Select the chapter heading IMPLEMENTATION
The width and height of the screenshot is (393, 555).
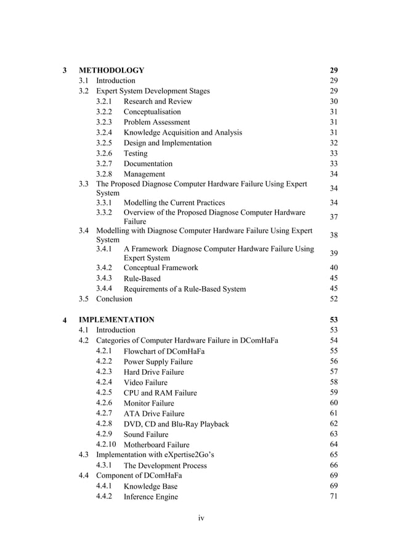116,320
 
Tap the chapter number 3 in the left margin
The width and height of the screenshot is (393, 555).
65,70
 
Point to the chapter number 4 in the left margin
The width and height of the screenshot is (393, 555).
65,321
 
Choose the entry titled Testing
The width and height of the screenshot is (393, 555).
136,153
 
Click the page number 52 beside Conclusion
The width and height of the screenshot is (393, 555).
334,299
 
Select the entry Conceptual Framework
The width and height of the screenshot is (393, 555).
161,268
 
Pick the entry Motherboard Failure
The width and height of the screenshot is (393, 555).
156,445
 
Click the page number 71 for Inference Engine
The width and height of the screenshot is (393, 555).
334,497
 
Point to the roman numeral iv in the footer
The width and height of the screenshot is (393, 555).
201,518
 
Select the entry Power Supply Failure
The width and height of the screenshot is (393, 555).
158,362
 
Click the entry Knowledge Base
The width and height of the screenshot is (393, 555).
150,487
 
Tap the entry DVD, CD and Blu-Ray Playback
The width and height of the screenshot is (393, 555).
176,424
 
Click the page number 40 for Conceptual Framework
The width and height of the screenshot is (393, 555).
334,268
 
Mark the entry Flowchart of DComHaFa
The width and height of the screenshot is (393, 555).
164,351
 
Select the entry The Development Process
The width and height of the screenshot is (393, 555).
165,466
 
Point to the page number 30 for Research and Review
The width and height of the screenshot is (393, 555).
334,102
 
